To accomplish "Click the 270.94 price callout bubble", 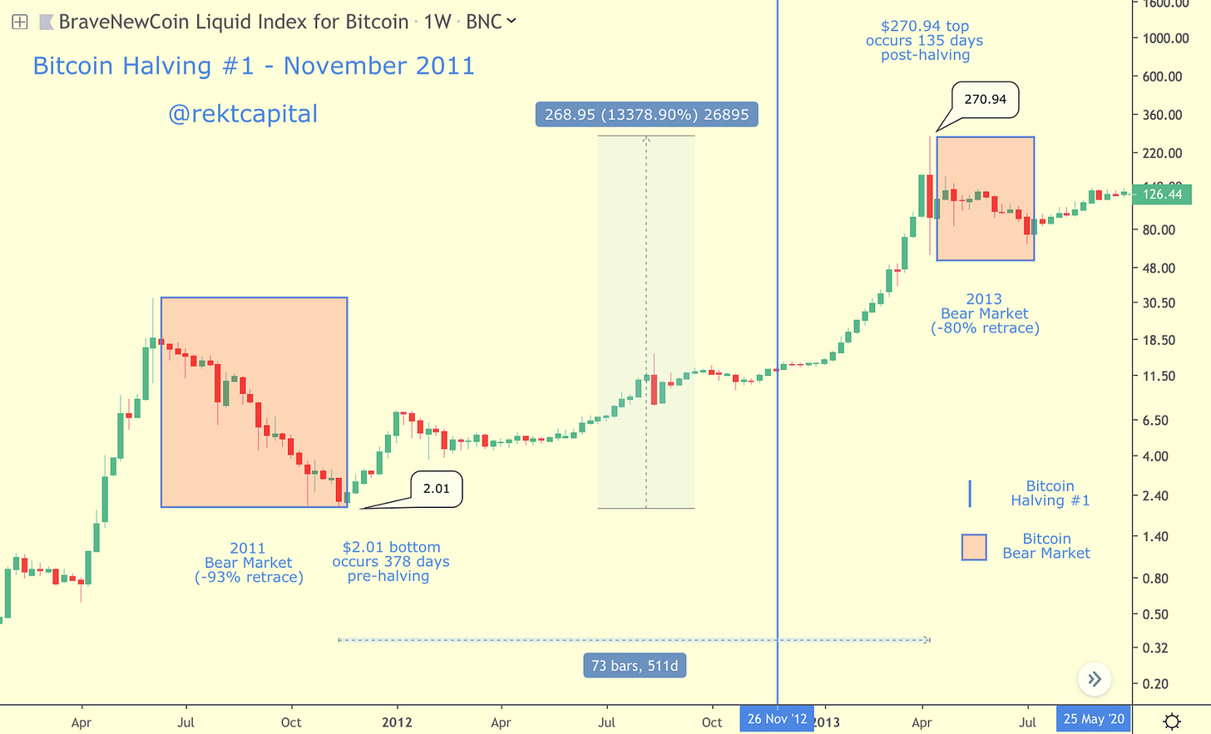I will [x=986, y=100].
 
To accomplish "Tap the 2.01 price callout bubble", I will [x=436, y=489].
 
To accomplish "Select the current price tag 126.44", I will [x=1162, y=195].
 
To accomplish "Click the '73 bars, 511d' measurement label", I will [x=635, y=666].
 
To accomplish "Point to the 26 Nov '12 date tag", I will [x=777, y=719].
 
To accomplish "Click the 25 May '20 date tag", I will [x=1093, y=719].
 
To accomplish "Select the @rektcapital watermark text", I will [x=243, y=114].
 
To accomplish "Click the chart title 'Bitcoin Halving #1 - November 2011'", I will [x=254, y=67].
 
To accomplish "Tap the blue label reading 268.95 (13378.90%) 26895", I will [x=646, y=115].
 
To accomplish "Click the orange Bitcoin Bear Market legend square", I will [x=974, y=547].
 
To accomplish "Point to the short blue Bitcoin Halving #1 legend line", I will [x=970, y=493].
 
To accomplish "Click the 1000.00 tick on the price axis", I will [x=1165, y=38].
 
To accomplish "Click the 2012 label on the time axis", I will [x=397, y=722].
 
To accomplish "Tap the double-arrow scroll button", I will [x=1095, y=679].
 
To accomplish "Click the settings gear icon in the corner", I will [x=1172, y=721].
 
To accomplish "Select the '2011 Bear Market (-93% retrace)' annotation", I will [x=249, y=563].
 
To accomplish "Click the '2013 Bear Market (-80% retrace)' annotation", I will [x=985, y=313].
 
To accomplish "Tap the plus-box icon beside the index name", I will [x=20, y=22].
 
